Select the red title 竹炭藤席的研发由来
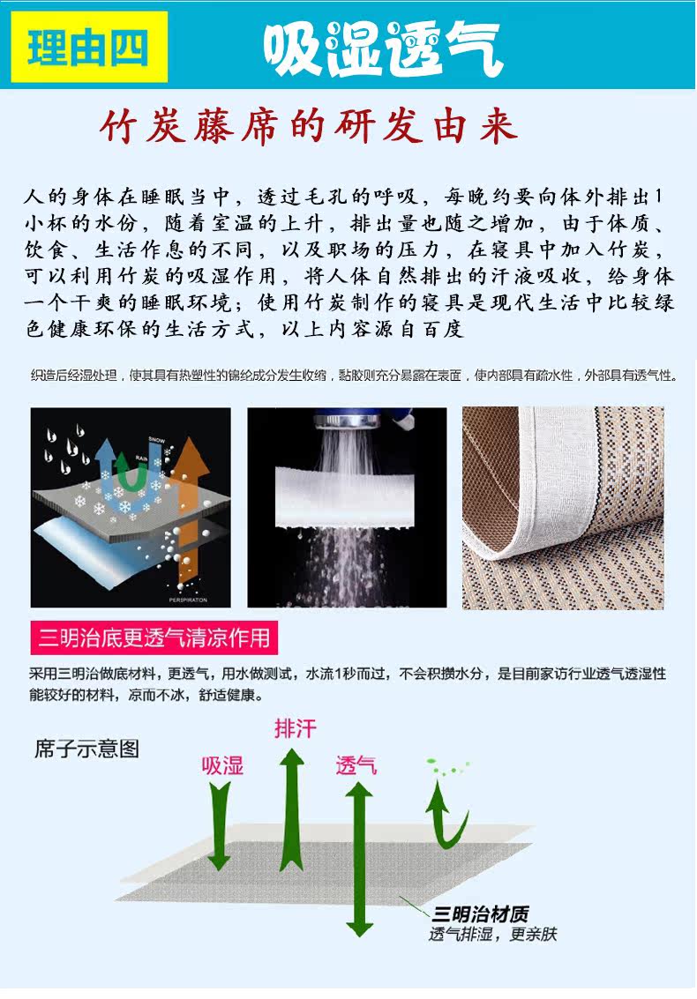(308, 128)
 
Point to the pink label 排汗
(295, 729)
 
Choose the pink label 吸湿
(221, 764)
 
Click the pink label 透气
(356, 765)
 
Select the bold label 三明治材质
(480, 913)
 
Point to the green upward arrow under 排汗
(291, 807)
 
